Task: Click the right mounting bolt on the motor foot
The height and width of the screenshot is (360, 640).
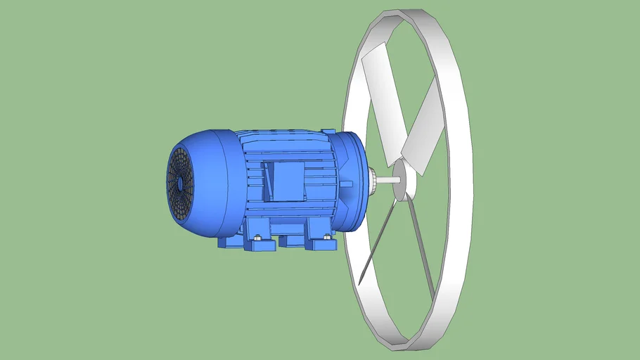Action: click(x=326, y=237)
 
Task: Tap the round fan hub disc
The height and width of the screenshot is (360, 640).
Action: click(x=402, y=179)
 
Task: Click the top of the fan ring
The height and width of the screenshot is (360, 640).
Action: click(x=415, y=18)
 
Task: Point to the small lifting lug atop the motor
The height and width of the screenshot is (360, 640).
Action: click(x=328, y=131)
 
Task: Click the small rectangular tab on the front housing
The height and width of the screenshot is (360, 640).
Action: click(x=347, y=182)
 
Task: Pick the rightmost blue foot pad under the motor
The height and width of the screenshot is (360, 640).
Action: click(x=325, y=245)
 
